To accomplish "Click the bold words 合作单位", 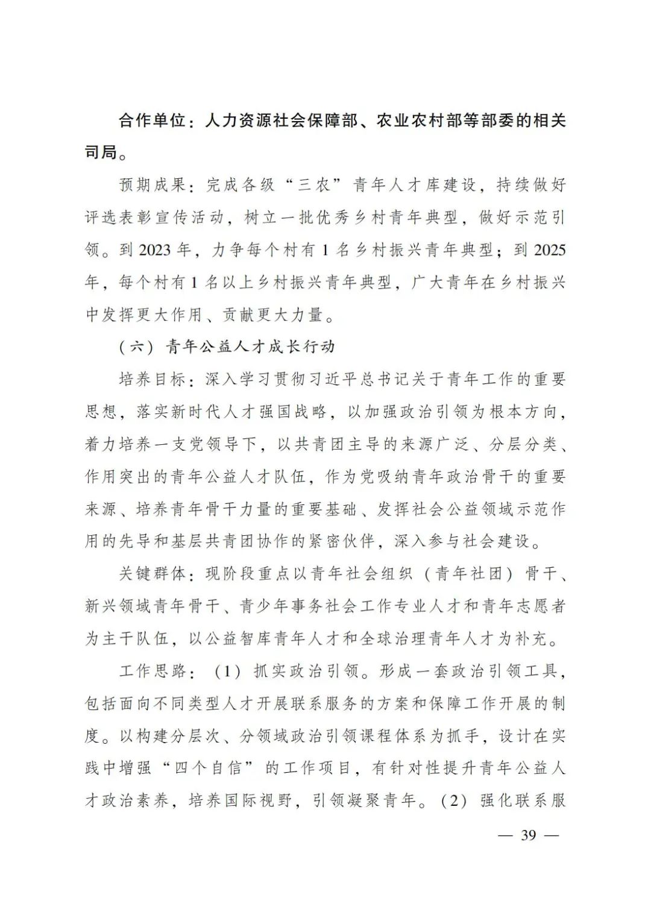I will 152,121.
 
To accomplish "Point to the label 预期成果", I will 152,185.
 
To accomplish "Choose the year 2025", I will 550,250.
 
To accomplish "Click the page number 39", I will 529,835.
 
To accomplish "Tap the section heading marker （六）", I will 138,347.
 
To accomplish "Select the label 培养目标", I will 152,379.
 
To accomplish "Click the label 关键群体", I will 152,573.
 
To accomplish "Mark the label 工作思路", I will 152,670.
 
